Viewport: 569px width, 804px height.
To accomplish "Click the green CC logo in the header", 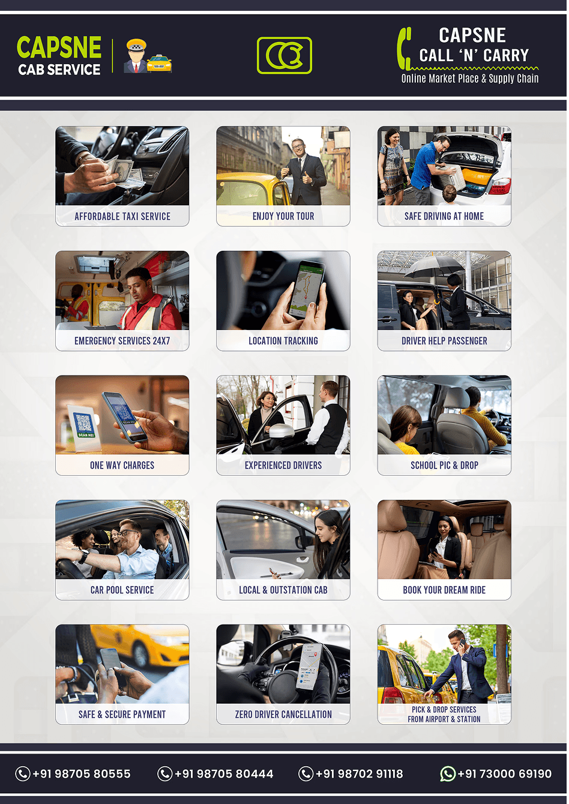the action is click(284, 55).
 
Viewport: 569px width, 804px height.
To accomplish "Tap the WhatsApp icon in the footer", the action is click(448, 773).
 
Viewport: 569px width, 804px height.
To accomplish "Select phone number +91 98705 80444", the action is click(224, 774).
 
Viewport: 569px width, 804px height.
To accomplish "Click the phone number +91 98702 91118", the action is click(360, 774).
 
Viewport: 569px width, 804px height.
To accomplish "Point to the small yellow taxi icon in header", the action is click(159, 63).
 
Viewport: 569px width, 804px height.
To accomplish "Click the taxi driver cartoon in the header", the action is click(136, 56).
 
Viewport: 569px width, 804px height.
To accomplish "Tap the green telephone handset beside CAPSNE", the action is click(404, 49).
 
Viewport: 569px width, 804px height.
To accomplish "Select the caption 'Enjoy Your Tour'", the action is click(283, 216).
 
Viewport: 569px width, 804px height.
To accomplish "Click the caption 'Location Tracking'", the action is click(283, 341).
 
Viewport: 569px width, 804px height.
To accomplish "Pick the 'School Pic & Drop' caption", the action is click(444, 465).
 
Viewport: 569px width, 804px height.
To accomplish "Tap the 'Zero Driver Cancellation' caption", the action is click(283, 714).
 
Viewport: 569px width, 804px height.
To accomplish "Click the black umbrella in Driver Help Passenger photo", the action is click(435, 268).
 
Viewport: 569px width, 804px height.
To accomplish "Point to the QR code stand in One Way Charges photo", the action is click(83, 426).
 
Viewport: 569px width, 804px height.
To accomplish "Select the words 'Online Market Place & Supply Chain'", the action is click(470, 78).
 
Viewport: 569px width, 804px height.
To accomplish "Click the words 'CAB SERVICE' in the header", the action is click(59, 70).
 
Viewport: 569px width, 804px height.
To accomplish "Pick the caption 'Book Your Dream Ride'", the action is click(444, 590).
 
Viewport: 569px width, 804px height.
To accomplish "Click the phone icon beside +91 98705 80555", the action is click(23, 773).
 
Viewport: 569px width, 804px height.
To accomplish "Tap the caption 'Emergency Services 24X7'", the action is click(122, 341).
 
